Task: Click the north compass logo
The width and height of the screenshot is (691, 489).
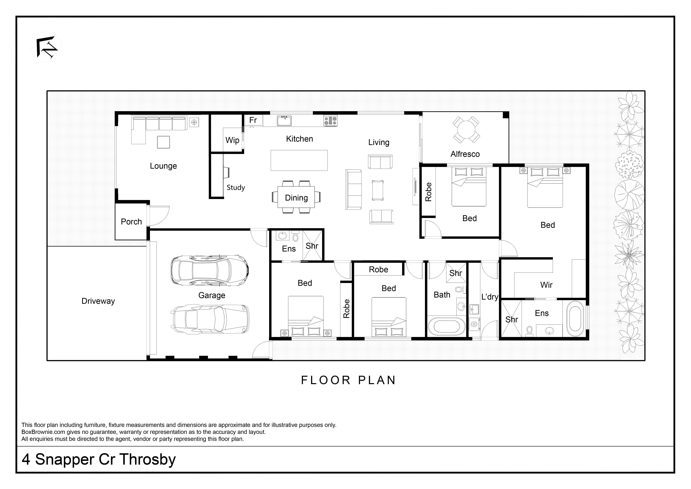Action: (x=46, y=47)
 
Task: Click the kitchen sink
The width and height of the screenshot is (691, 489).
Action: (x=284, y=121)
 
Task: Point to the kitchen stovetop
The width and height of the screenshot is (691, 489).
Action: (x=330, y=121)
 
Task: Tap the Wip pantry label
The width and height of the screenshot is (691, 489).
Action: (x=232, y=140)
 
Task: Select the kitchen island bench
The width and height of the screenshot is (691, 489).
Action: (x=299, y=160)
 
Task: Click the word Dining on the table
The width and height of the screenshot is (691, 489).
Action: (x=296, y=198)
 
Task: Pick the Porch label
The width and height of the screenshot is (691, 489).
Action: (x=131, y=222)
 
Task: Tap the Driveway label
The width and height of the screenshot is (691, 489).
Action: (x=98, y=301)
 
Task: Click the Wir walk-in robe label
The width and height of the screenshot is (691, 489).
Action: (x=546, y=285)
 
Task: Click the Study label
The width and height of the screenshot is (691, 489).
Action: (x=236, y=188)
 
